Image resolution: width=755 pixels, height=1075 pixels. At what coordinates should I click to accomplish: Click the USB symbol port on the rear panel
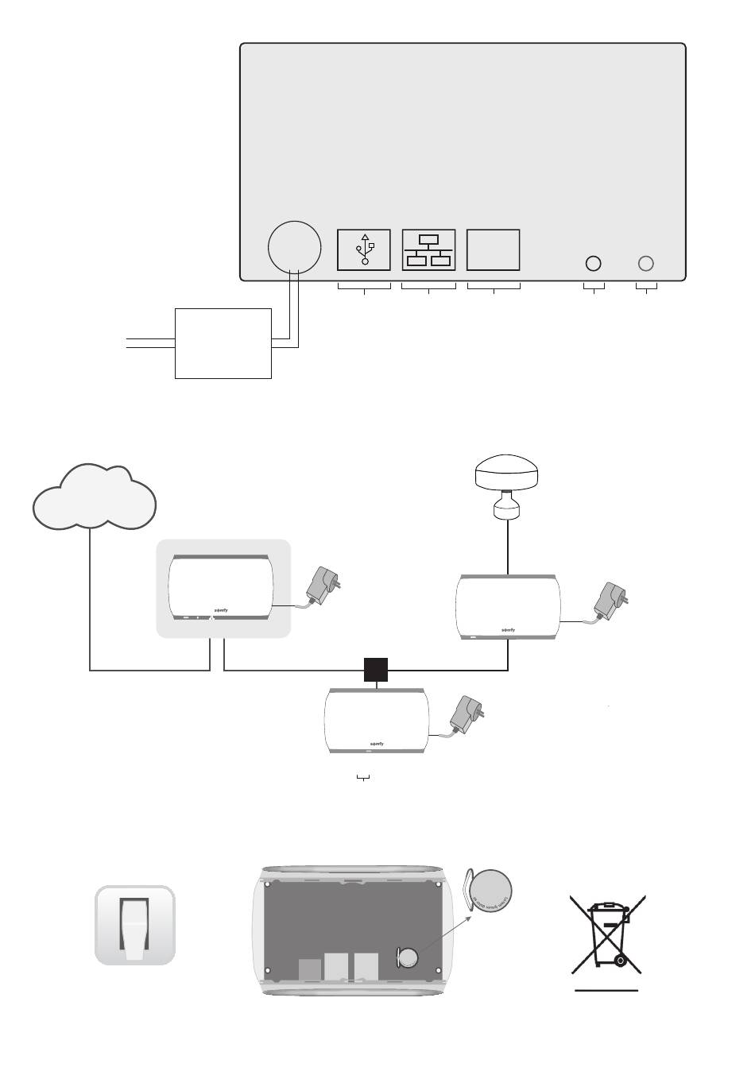coord(364,249)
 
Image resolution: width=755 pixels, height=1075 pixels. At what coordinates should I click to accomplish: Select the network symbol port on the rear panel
coord(429,249)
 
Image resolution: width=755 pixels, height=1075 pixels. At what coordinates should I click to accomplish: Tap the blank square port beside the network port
coord(494,249)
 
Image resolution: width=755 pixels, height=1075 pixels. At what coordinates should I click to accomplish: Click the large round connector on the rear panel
coord(295,247)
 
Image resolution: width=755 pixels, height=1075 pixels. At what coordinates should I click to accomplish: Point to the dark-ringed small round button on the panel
coord(593,263)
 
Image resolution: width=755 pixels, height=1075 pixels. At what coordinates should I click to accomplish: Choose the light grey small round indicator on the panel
coord(647,263)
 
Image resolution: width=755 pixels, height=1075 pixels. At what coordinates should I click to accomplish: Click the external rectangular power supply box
coord(223,342)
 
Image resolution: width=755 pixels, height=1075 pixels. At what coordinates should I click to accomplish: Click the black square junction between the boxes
coord(376,670)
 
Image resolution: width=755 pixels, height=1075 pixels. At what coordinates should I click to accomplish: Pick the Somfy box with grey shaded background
coord(222,588)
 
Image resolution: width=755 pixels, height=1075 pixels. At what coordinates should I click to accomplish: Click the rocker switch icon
coord(135,925)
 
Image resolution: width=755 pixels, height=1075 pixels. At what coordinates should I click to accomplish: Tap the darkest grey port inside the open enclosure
coord(310,969)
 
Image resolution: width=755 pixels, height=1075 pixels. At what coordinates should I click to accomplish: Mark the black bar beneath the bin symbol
coord(607,991)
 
